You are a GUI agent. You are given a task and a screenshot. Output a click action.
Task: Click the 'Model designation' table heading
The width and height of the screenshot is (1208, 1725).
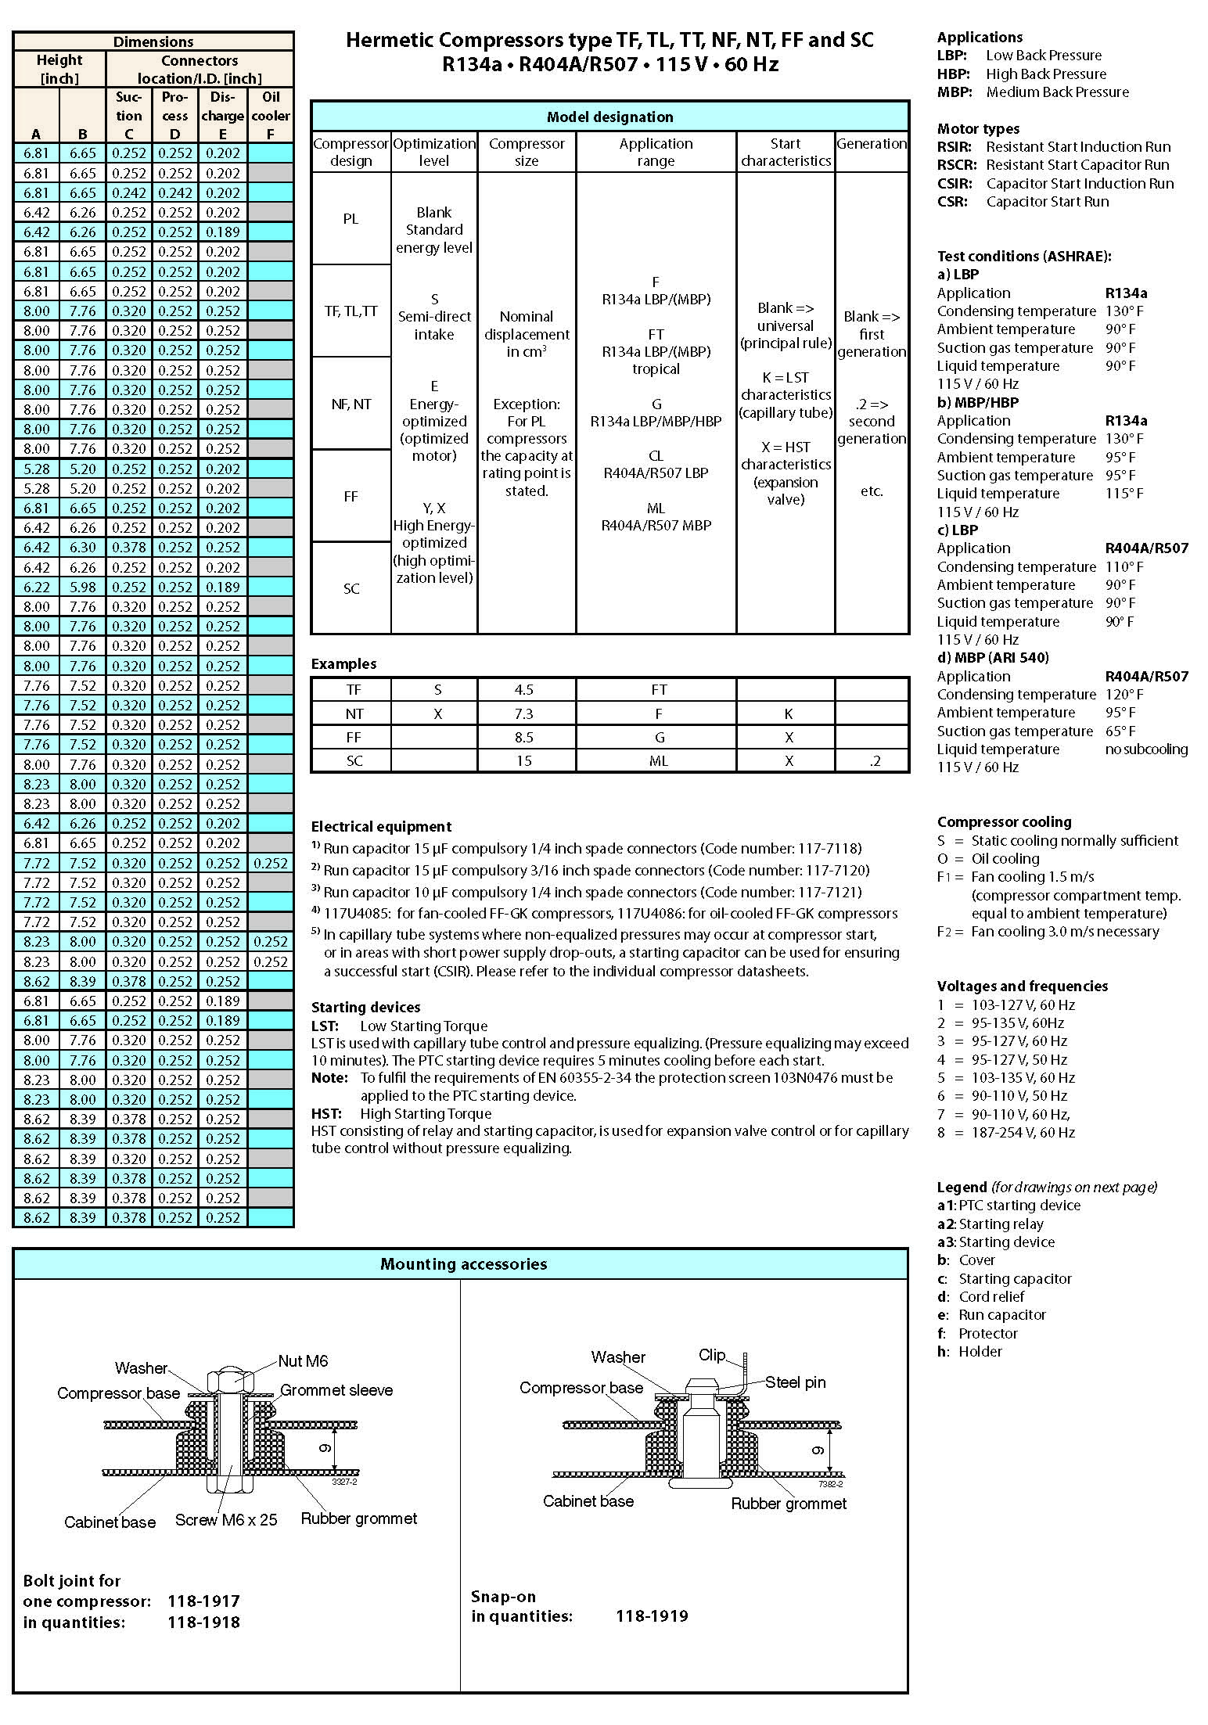click(x=609, y=117)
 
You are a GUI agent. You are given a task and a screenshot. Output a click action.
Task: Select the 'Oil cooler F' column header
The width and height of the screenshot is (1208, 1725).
click(x=271, y=115)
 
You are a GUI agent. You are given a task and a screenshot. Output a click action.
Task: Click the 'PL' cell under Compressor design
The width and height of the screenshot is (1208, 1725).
click(x=351, y=219)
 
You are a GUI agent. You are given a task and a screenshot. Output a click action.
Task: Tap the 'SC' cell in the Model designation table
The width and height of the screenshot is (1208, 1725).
click(x=351, y=588)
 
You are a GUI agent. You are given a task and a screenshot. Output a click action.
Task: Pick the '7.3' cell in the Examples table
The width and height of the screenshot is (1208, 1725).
click(x=524, y=713)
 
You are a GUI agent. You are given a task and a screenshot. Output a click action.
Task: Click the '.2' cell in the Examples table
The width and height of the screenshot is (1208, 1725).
click(x=874, y=760)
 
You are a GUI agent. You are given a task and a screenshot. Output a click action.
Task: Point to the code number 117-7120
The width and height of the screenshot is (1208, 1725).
click(x=831, y=870)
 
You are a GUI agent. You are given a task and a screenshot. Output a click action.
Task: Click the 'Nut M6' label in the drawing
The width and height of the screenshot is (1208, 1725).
click(x=303, y=1361)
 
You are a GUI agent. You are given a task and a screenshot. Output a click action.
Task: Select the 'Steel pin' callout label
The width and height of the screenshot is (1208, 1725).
click(x=795, y=1382)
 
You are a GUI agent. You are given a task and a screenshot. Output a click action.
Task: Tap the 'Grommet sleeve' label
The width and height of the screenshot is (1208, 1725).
click(x=336, y=1390)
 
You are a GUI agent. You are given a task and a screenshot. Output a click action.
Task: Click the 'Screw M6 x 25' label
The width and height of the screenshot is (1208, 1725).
click(x=226, y=1519)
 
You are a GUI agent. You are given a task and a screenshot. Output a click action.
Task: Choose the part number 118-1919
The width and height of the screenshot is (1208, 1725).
click(x=652, y=1616)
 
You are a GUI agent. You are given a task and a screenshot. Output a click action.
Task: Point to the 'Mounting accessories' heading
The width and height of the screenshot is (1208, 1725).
click(x=463, y=1264)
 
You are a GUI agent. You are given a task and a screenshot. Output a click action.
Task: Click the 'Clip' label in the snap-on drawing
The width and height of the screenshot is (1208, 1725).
click(x=712, y=1355)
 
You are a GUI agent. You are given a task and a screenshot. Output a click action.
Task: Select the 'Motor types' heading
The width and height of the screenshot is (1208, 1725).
click(x=978, y=129)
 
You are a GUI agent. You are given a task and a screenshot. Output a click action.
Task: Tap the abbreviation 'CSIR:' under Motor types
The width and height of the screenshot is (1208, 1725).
click(x=955, y=184)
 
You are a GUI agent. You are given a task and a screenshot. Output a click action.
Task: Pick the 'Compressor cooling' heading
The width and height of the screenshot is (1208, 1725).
click(x=1004, y=822)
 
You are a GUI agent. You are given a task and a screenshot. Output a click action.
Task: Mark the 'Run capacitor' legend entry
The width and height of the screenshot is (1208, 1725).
click(x=1001, y=1315)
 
